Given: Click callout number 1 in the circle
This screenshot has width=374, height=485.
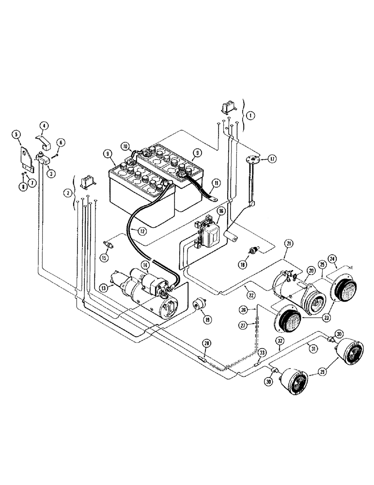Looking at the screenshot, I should click(249, 116).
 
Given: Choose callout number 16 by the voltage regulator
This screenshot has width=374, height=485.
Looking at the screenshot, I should click(220, 211).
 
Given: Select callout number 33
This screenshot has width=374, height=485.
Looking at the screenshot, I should click(262, 353).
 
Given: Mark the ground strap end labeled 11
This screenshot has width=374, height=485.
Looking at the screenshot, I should click(213, 198).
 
